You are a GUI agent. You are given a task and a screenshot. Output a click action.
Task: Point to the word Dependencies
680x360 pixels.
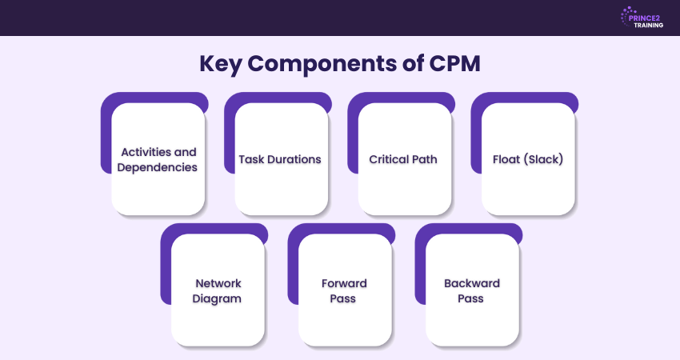[x=158, y=167]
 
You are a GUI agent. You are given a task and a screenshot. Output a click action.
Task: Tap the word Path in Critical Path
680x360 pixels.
[x=425, y=159]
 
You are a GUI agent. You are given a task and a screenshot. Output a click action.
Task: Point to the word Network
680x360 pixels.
[x=218, y=283]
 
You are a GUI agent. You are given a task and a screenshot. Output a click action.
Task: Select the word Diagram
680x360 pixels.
[x=218, y=299]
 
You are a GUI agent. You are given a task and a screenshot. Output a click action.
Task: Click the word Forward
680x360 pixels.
[x=345, y=283]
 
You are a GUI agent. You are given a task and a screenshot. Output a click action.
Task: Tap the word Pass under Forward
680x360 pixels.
[x=345, y=299]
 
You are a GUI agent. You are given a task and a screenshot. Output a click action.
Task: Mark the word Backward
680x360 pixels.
[x=472, y=283]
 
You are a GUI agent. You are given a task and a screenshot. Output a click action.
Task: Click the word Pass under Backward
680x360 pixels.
[x=472, y=299]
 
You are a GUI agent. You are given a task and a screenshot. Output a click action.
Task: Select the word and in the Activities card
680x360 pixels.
[x=186, y=151]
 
